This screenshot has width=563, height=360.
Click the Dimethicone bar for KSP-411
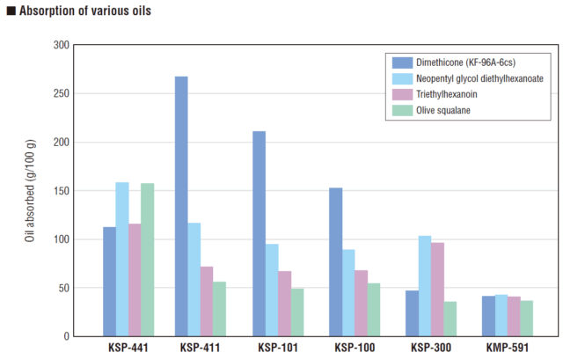(181, 206)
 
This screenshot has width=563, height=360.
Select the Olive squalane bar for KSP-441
(148, 260)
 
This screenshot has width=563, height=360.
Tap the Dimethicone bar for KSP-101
(260, 233)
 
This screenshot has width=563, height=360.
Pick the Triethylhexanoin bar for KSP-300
(438, 290)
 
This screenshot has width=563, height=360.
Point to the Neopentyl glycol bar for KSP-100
(348, 293)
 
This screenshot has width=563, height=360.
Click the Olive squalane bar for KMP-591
(527, 319)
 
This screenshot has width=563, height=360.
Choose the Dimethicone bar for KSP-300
(413, 313)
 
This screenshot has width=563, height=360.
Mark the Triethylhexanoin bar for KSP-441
(135, 280)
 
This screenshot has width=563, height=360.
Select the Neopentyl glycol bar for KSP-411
(194, 280)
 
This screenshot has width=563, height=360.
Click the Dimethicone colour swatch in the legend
(402, 62)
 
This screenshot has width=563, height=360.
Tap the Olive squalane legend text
(443, 110)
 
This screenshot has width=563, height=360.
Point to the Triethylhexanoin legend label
(447, 94)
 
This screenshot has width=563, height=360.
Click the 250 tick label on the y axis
(62, 93)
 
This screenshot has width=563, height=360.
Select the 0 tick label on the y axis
(67, 336)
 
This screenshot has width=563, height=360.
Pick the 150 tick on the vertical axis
(62, 191)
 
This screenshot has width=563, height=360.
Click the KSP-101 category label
(278, 348)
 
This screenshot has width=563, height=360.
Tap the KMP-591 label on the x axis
(508, 348)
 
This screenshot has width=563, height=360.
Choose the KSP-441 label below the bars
(128, 348)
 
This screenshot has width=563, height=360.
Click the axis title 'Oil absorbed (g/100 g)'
(30, 190)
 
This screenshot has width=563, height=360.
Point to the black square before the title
(11, 11)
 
